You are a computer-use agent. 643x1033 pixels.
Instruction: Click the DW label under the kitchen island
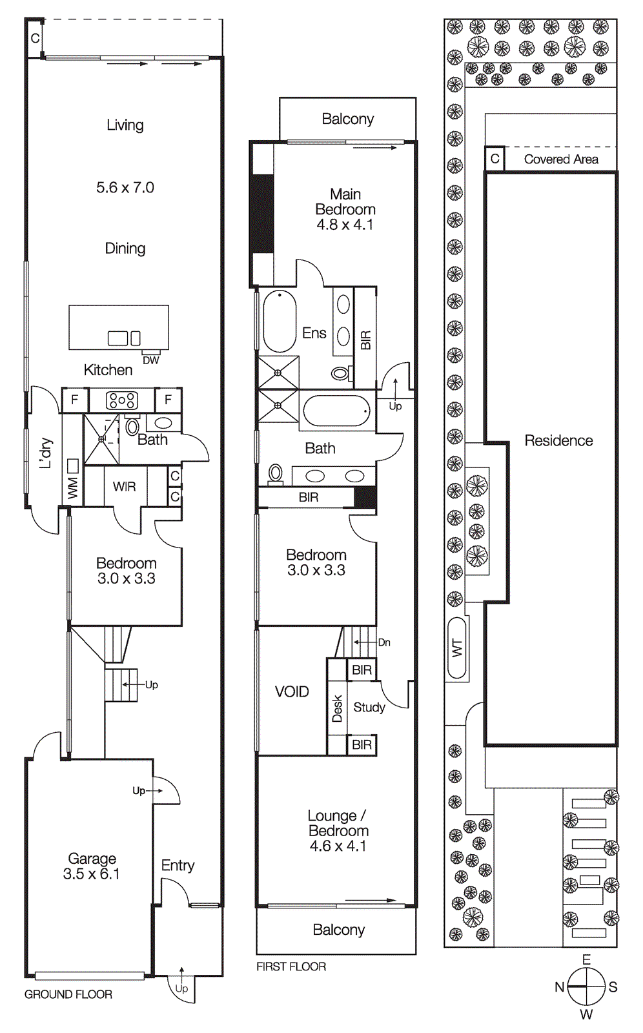[x=150, y=360]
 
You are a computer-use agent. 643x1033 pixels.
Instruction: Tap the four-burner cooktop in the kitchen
[x=122, y=400]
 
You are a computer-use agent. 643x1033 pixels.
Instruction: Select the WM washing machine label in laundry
[x=72, y=488]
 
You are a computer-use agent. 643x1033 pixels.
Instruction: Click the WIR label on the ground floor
[x=124, y=487]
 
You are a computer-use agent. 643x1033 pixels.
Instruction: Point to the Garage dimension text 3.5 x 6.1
[x=92, y=874]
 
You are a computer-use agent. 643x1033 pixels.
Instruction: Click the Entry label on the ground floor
[x=178, y=865]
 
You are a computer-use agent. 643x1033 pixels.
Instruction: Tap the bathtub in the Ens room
[x=280, y=321]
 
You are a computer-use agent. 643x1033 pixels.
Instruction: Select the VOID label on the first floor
[x=292, y=691]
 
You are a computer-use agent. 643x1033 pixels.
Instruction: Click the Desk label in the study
[x=337, y=708]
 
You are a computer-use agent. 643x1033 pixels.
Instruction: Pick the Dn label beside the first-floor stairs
[x=384, y=642]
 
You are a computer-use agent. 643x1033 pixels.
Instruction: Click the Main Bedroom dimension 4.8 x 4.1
[x=345, y=225]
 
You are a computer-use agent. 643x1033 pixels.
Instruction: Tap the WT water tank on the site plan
[x=457, y=648]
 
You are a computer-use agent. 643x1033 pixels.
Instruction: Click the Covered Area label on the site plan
[x=560, y=159]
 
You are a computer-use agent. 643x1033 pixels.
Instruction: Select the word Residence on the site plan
[x=558, y=440]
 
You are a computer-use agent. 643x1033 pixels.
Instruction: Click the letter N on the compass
[x=560, y=987]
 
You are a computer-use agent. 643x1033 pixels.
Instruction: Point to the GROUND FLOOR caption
[x=68, y=994]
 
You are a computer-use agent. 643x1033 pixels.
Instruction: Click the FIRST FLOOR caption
[x=291, y=967]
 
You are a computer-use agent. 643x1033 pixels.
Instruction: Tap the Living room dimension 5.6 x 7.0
[x=125, y=188]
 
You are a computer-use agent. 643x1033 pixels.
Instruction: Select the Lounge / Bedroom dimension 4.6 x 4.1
[x=338, y=846]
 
